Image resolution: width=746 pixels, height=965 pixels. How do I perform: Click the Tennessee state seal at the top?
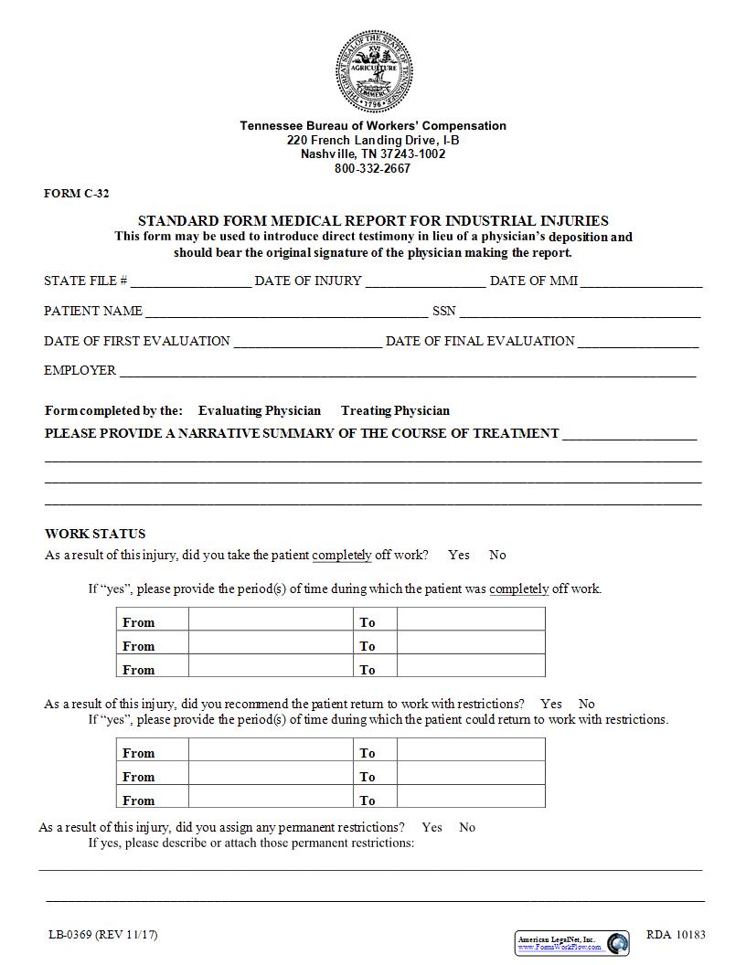click(374, 71)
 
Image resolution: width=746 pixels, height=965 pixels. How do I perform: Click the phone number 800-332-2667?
click(372, 168)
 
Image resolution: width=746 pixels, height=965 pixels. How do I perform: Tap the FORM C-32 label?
click(77, 194)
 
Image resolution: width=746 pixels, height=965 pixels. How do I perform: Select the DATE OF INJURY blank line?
click(425, 282)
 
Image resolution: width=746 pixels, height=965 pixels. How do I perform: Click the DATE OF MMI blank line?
click(641, 282)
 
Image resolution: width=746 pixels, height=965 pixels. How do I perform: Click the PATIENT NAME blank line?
click(286, 313)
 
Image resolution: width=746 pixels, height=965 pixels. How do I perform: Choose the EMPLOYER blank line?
click(408, 372)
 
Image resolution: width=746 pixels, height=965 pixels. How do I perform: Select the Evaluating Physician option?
click(259, 410)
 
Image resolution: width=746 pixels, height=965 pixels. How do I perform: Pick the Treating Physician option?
click(395, 410)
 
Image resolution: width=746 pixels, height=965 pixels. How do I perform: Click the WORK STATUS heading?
click(95, 534)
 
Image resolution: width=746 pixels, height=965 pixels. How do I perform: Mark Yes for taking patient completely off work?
click(459, 555)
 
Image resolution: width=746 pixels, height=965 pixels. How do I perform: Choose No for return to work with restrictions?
click(586, 704)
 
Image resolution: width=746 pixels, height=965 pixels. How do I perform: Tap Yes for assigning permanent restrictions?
click(432, 827)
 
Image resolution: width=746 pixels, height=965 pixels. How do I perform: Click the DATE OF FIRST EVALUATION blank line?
click(307, 343)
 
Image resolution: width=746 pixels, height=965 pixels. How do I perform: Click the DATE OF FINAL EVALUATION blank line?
click(638, 343)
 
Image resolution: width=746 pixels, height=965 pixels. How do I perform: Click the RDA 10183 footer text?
click(676, 934)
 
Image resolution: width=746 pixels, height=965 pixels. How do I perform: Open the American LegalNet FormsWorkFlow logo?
click(572, 943)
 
